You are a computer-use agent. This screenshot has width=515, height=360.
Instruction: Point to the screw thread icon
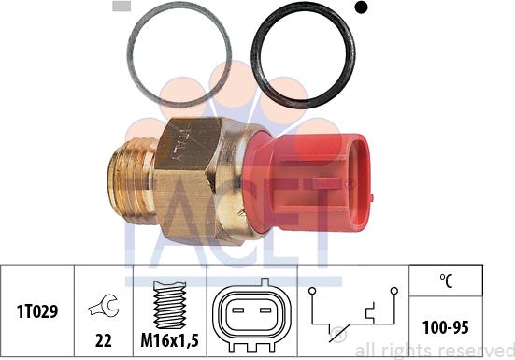coord(168,298)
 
